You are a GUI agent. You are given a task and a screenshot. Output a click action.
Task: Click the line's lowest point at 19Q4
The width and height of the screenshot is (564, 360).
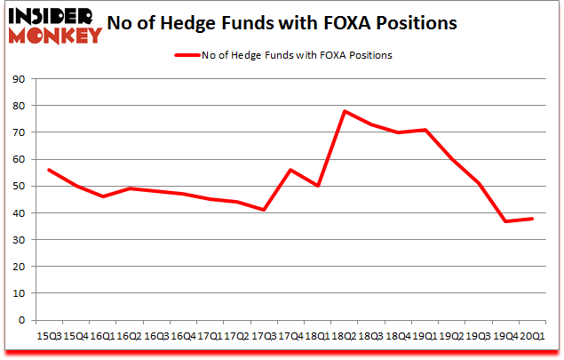(x=505, y=221)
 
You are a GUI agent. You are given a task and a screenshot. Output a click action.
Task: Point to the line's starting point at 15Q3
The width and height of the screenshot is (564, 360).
(x=49, y=170)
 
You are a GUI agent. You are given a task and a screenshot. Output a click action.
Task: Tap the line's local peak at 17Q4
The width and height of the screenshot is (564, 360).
(x=290, y=170)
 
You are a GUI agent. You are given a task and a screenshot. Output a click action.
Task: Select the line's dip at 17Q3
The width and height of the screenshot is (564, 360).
(x=264, y=210)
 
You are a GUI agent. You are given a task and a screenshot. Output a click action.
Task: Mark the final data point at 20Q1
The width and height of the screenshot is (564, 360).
(x=532, y=219)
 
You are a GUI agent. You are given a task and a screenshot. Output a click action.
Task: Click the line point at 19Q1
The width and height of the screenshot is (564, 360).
(x=425, y=130)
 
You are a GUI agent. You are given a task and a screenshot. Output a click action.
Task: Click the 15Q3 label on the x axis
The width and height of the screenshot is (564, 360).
(x=49, y=336)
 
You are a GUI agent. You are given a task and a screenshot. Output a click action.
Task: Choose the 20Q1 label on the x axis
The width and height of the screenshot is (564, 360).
(x=532, y=336)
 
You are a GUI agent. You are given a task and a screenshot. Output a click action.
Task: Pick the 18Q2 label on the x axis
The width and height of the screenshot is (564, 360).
(x=345, y=336)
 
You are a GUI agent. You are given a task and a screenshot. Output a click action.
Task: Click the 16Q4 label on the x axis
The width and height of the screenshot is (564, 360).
(x=183, y=336)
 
